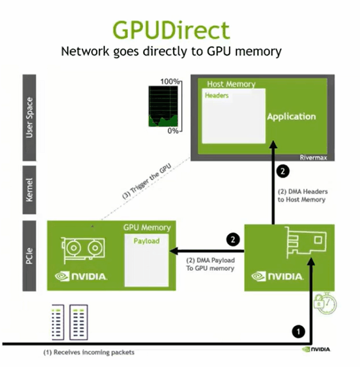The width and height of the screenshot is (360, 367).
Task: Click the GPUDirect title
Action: point(171,29)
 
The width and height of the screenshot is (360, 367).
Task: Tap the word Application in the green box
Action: point(291,116)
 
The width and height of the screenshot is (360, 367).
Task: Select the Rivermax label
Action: point(313,157)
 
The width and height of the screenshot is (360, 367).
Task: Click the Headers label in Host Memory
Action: point(217,96)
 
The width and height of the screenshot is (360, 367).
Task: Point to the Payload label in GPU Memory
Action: point(146,241)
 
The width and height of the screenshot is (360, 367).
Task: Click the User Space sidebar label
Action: point(30,118)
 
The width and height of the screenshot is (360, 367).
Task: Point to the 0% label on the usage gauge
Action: point(173,131)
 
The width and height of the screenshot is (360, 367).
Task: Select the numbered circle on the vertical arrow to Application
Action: point(281,171)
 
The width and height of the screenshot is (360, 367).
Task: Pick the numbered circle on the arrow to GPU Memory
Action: point(232,239)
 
